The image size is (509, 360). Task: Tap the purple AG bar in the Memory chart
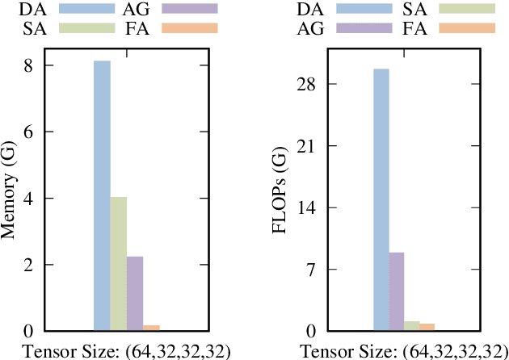[135, 294]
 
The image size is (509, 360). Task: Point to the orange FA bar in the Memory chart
[151, 328]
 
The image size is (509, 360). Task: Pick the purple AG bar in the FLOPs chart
[398, 291]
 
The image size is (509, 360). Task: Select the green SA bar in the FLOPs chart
[413, 326]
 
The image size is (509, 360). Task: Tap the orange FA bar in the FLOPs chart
[427, 327]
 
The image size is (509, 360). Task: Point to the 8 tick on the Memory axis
[28, 65]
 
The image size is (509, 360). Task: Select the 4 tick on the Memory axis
[28, 199]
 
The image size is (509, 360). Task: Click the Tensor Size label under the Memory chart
[126, 350]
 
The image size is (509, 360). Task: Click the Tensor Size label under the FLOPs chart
[406, 350]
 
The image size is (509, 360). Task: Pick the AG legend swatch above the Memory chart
[190, 9]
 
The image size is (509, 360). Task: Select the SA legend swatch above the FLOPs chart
[466, 9]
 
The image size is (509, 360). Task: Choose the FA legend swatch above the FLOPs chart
[466, 28]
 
